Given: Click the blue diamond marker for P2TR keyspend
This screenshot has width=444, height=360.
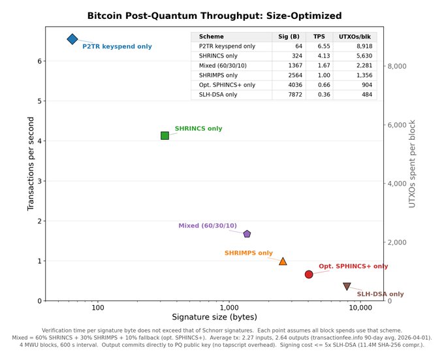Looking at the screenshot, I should click(x=72, y=39).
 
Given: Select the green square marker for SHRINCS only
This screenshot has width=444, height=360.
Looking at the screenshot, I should click(x=165, y=135).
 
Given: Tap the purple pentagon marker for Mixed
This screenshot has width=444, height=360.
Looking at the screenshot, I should click(x=247, y=234).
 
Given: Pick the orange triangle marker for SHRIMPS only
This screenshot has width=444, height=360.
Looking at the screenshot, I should click(x=283, y=261).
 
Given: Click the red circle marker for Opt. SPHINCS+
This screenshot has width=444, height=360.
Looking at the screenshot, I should click(x=309, y=274).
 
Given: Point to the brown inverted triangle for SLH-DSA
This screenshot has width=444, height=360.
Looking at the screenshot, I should click(x=347, y=286).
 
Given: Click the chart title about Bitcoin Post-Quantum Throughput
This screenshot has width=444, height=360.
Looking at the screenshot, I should click(x=214, y=16).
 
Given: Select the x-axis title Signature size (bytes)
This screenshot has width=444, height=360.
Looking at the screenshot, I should click(x=214, y=317).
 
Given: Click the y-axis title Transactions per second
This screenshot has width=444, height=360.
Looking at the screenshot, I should click(x=31, y=163).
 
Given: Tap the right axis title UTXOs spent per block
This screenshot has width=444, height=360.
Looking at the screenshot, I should click(x=412, y=163).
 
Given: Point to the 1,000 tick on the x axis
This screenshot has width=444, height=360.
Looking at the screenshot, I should click(x=229, y=307).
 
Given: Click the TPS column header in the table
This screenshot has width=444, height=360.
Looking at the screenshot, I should click(x=319, y=37).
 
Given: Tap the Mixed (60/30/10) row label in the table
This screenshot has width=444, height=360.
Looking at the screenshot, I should click(x=223, y=66).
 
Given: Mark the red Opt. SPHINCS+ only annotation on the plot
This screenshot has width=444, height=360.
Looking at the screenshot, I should click(x=353, y=267).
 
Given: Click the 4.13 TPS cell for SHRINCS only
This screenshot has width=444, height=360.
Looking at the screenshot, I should click(x=319, y=56).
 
